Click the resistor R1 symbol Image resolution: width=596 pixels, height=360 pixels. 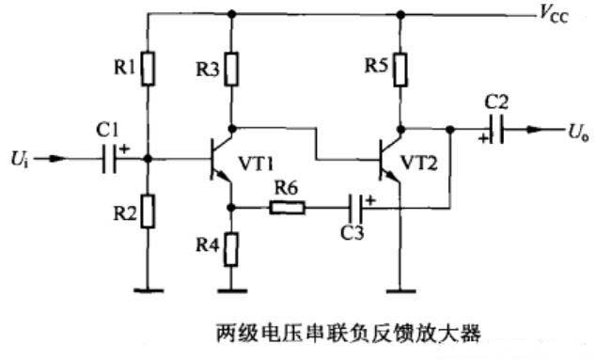(x=147, y=69)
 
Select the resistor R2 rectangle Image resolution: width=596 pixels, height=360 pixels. (x=147, y=212)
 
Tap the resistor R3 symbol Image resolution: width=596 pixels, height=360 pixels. (x=231, y=69)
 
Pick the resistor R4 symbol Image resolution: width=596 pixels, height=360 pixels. (x=231, y=248)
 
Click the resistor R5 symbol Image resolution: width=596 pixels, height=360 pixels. (x=401, y=69)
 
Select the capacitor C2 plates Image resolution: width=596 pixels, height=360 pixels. (x=498, y=133)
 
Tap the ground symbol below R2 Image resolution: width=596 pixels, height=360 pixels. (x=147, y=288)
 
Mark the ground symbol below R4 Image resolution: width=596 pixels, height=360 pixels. (x=231, y=288)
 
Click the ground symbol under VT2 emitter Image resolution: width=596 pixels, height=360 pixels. (x=401, y=288)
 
